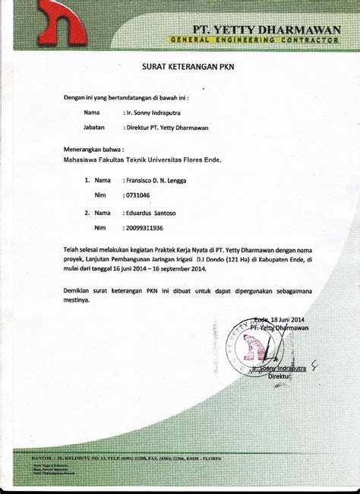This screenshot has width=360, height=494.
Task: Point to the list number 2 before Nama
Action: coord(77,214)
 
